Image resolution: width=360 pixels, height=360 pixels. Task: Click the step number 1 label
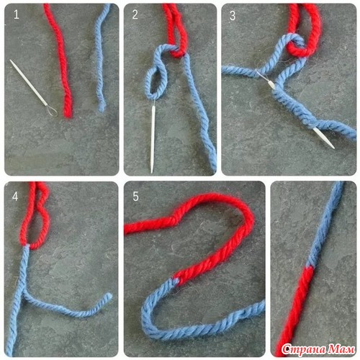(x=16, y=14)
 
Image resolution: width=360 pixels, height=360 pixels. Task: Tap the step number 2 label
(x=135, y=14)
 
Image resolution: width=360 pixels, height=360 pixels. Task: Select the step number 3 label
(x=233, y=16)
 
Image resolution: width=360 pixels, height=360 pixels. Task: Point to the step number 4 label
(x=15, y=197)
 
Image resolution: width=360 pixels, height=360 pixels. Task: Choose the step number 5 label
(x=135, y=197)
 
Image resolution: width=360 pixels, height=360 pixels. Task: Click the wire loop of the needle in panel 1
(x=52, y=112)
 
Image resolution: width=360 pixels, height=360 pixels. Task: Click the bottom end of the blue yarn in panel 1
(x=102, y=109)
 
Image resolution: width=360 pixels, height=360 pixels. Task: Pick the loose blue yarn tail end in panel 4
(x=109, y=297)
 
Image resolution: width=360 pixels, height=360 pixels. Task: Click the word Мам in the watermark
(x=341, y=349)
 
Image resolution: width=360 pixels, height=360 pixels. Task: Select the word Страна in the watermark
(x=305, y=350)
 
